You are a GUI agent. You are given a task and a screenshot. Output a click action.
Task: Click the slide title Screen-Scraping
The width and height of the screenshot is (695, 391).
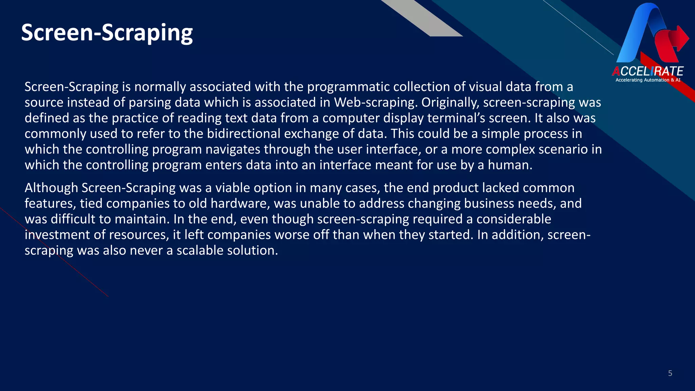(107, 33)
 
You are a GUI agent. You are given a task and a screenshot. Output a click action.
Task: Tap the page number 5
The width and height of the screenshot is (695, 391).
(670, 373)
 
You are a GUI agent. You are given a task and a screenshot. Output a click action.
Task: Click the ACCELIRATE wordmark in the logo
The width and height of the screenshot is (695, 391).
(647, 71)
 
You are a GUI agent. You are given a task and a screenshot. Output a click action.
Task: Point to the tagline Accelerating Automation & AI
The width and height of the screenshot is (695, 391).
(648, 80)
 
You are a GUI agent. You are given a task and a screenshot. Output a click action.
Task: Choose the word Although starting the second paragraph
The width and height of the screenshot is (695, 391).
(51, 188)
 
